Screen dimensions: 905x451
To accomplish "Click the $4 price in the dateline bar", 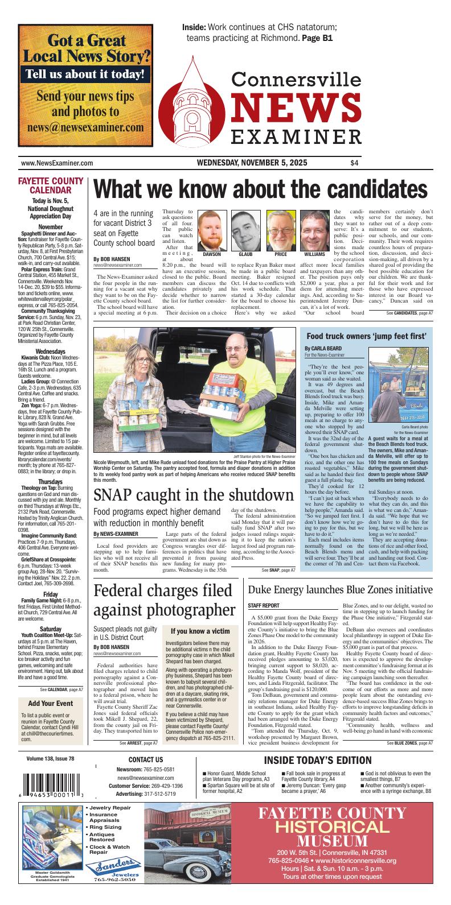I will [x=355, y=163].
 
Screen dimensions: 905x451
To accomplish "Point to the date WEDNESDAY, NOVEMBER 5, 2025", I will [x=252, y=163].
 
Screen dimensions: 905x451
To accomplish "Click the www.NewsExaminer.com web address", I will [x=57, y=163].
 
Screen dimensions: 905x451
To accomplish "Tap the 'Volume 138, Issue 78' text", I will [x=50, y=759].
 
